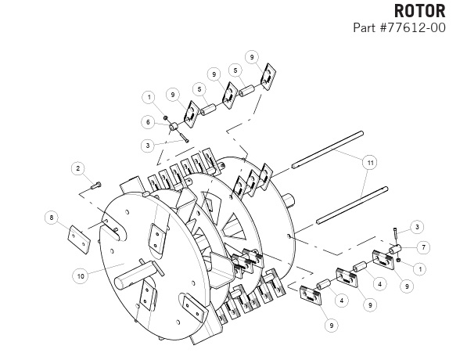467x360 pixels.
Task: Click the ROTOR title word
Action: click(419, 11)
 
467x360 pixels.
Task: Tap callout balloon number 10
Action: click(81, 276)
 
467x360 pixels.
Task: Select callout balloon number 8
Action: click(52, 218)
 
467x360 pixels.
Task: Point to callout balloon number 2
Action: click(78, 168)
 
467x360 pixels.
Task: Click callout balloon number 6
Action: click(148, 122)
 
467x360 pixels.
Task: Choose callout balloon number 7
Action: click(423, 247)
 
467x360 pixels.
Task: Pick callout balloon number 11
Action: click(370, 163)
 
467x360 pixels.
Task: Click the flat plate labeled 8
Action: click(79, 239)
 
